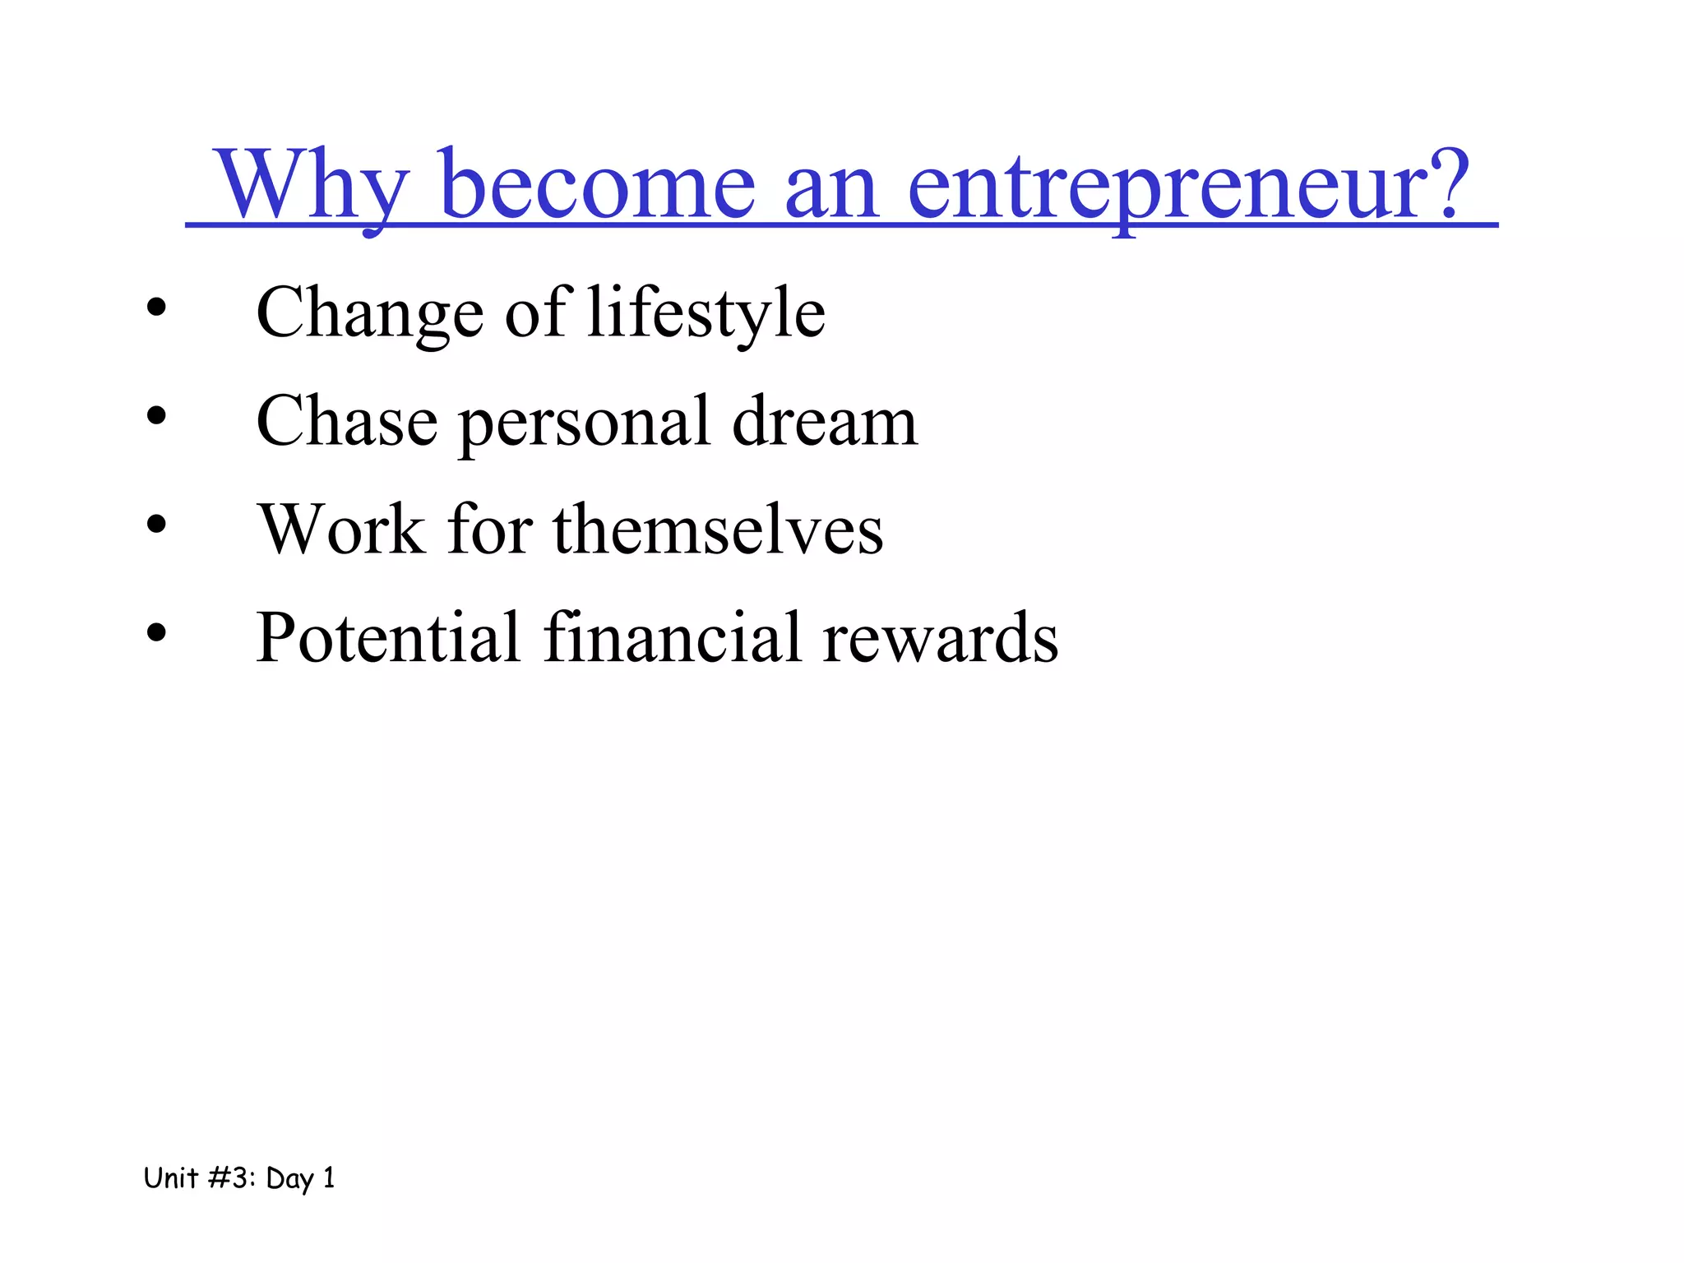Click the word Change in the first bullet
point(370,314)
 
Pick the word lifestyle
point(706,314)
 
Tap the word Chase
point(347,422)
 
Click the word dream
point(825,422)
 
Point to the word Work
point(341,530)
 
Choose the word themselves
point(718,530)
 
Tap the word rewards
point(941,638)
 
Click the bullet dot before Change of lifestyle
point(156,309)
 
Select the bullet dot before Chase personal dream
point(156,417)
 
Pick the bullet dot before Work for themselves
point(156,525)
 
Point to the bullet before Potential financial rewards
point(156,633)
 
